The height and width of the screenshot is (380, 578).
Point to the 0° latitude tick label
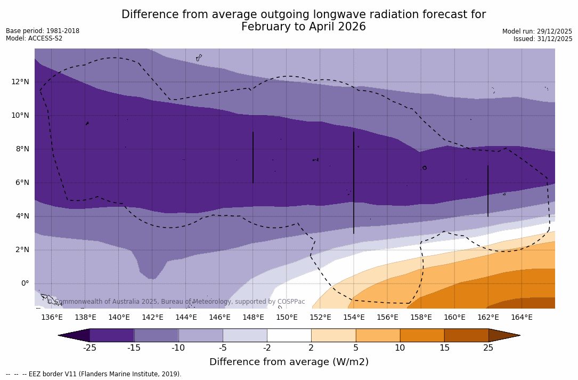(x=25, y=284)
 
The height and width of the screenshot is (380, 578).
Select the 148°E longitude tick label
(x=253, y=318)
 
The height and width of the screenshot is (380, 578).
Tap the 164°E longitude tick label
(x=522, y=318)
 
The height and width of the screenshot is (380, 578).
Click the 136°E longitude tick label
(x=52, y=318)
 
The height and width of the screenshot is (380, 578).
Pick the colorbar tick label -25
(x=89, y=348)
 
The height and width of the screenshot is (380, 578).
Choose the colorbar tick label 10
(x=400, y=348)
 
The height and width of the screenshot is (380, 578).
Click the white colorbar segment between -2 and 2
(x=289, y=335)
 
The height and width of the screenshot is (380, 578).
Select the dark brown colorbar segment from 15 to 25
(x=466, y=335)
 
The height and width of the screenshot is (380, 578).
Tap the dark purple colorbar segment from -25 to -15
(x=112, y=335)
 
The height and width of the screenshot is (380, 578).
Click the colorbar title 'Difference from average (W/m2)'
(x=289, y=362)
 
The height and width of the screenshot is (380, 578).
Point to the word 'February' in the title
(x=265, y=27)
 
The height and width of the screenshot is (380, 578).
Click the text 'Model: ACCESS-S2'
(x=34, y=38)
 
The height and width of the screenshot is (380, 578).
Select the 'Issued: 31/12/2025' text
(x=543, y=39)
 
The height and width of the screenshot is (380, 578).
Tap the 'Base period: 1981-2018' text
(x=43, y=31)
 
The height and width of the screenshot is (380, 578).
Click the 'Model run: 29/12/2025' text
(x=537, y=31)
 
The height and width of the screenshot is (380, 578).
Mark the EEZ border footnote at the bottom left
(x=94, y=374)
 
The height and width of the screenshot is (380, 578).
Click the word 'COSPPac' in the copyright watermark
(x=291, y=302)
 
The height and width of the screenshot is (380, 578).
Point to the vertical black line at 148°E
(x=253, y=157)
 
